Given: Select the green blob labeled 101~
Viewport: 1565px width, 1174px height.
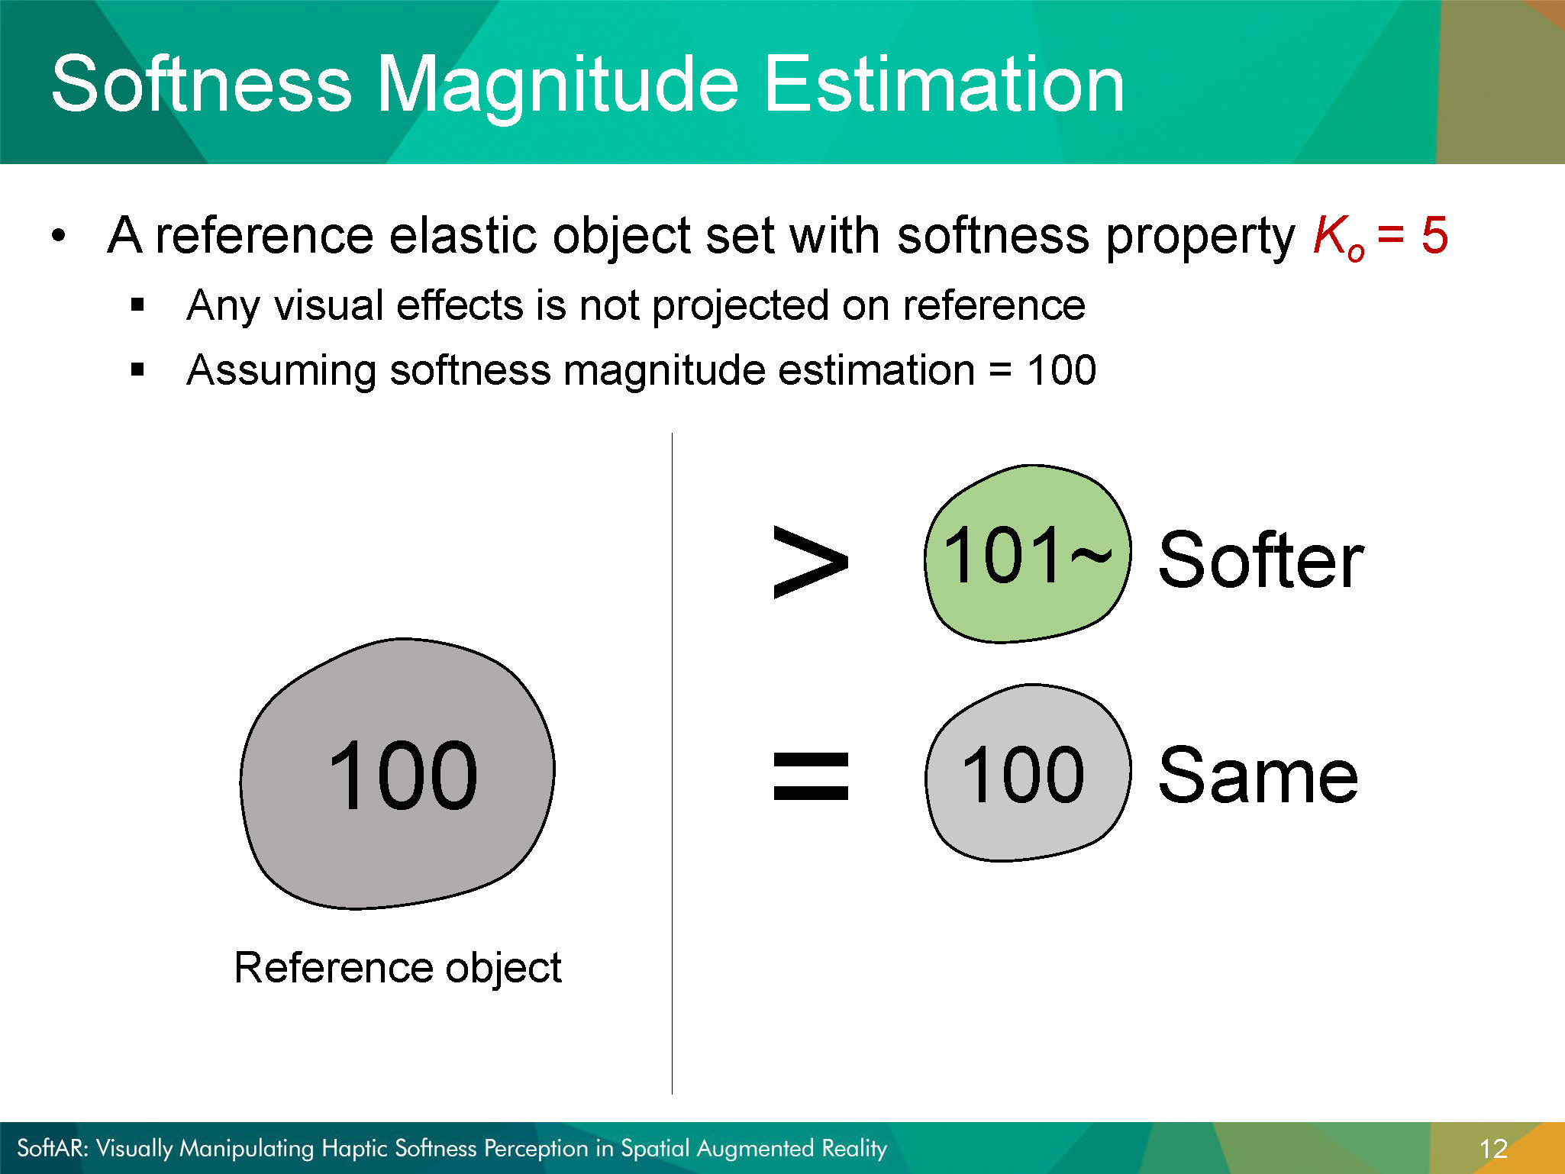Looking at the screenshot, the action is [1027, 554].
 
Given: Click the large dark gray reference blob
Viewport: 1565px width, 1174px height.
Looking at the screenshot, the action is [398, 774].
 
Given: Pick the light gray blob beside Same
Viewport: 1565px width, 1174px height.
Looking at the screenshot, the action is [1028, 772].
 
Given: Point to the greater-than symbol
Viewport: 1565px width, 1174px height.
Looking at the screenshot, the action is [810, 562].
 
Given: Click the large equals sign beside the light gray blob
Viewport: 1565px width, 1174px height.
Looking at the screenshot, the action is [811, 776].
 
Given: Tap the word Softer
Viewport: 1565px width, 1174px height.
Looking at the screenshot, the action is [1260, 561].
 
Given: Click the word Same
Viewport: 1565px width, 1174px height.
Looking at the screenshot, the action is [1258, 776].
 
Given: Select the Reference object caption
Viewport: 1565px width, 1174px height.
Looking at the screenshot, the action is [398, 969].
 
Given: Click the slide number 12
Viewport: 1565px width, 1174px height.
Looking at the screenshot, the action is [1493, 1149].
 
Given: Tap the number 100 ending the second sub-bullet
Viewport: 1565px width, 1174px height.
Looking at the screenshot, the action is [1061, 370].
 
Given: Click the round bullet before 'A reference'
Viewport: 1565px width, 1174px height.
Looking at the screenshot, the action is [59, 235].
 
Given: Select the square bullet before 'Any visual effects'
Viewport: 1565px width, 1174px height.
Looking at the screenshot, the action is [137, 305].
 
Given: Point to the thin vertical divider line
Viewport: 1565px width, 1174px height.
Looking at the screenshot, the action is [672, 763].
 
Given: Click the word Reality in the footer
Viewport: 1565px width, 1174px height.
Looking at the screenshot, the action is [854, 1149].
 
